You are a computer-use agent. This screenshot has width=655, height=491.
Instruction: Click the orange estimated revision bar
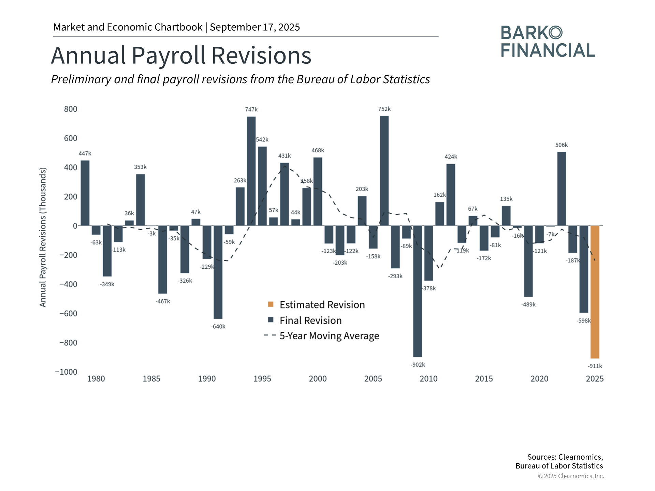click(x=595, y=292)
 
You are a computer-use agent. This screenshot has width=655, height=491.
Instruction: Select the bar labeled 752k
click(x=384, y=170)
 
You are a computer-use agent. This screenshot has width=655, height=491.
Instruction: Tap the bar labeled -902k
click(x=417, y=291)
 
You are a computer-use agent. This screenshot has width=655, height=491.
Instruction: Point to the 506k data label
click(x=561, y=145)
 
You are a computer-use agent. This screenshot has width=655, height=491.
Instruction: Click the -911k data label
click(x=595, y=366)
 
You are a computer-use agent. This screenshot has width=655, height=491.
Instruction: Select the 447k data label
click(x=85, y=153)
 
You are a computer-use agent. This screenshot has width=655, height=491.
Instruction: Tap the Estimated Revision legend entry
click(x=322, y=304)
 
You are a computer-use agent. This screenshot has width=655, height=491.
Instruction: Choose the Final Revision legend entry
click(x=310, y=321)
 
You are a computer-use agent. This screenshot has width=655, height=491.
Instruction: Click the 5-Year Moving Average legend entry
click(x=329, y=336)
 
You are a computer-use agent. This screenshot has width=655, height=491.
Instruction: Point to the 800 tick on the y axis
click(x=71, y=109)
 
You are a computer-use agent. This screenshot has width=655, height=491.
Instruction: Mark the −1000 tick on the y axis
click(x=67, y=372)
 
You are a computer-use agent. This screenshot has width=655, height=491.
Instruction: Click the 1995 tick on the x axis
click(x=262, y=379)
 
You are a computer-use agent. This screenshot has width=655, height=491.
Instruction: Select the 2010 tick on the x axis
click(x=428, y=379)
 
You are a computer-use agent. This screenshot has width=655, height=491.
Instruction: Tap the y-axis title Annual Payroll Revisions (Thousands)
click(x=43, y=237)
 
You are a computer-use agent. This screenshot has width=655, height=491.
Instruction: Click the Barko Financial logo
click(x=548, y=42)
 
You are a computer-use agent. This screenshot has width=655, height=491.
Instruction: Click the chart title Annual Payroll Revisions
click(x=181, y=55)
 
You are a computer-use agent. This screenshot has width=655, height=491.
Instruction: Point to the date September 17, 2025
click(x=255, y=27)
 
